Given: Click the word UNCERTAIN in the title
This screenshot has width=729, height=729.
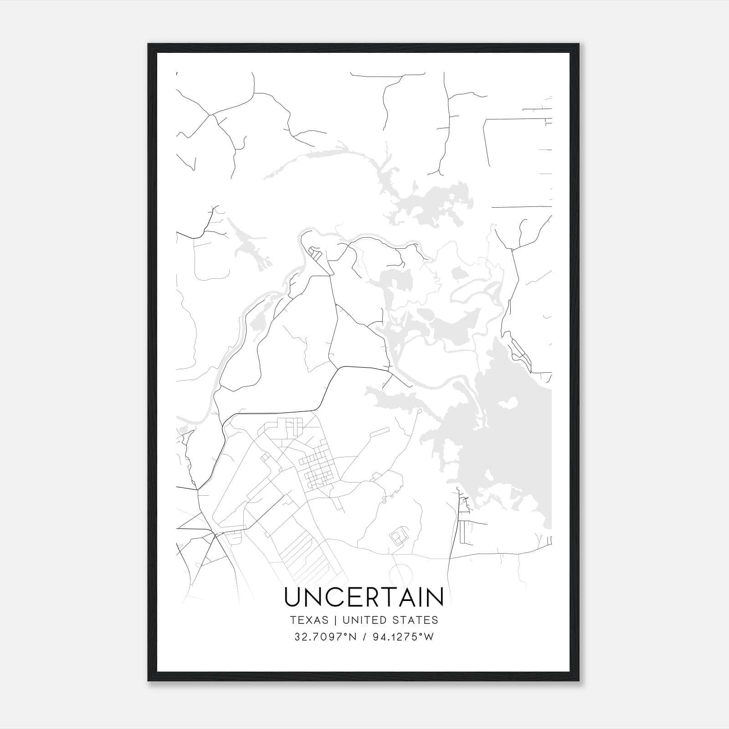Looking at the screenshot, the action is coord(364,597).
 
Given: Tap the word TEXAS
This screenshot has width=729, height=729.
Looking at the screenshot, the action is coord(309,620).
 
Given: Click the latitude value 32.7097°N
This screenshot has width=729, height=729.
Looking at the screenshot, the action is coord(324,637).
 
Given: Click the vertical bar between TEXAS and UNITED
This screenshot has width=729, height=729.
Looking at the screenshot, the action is coord(335,620).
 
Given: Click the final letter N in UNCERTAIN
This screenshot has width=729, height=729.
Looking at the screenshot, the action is coord(435,597).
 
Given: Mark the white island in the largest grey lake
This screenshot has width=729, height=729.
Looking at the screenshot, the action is coord(508,404).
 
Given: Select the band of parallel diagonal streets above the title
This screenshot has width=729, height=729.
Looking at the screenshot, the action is coord(303,554).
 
